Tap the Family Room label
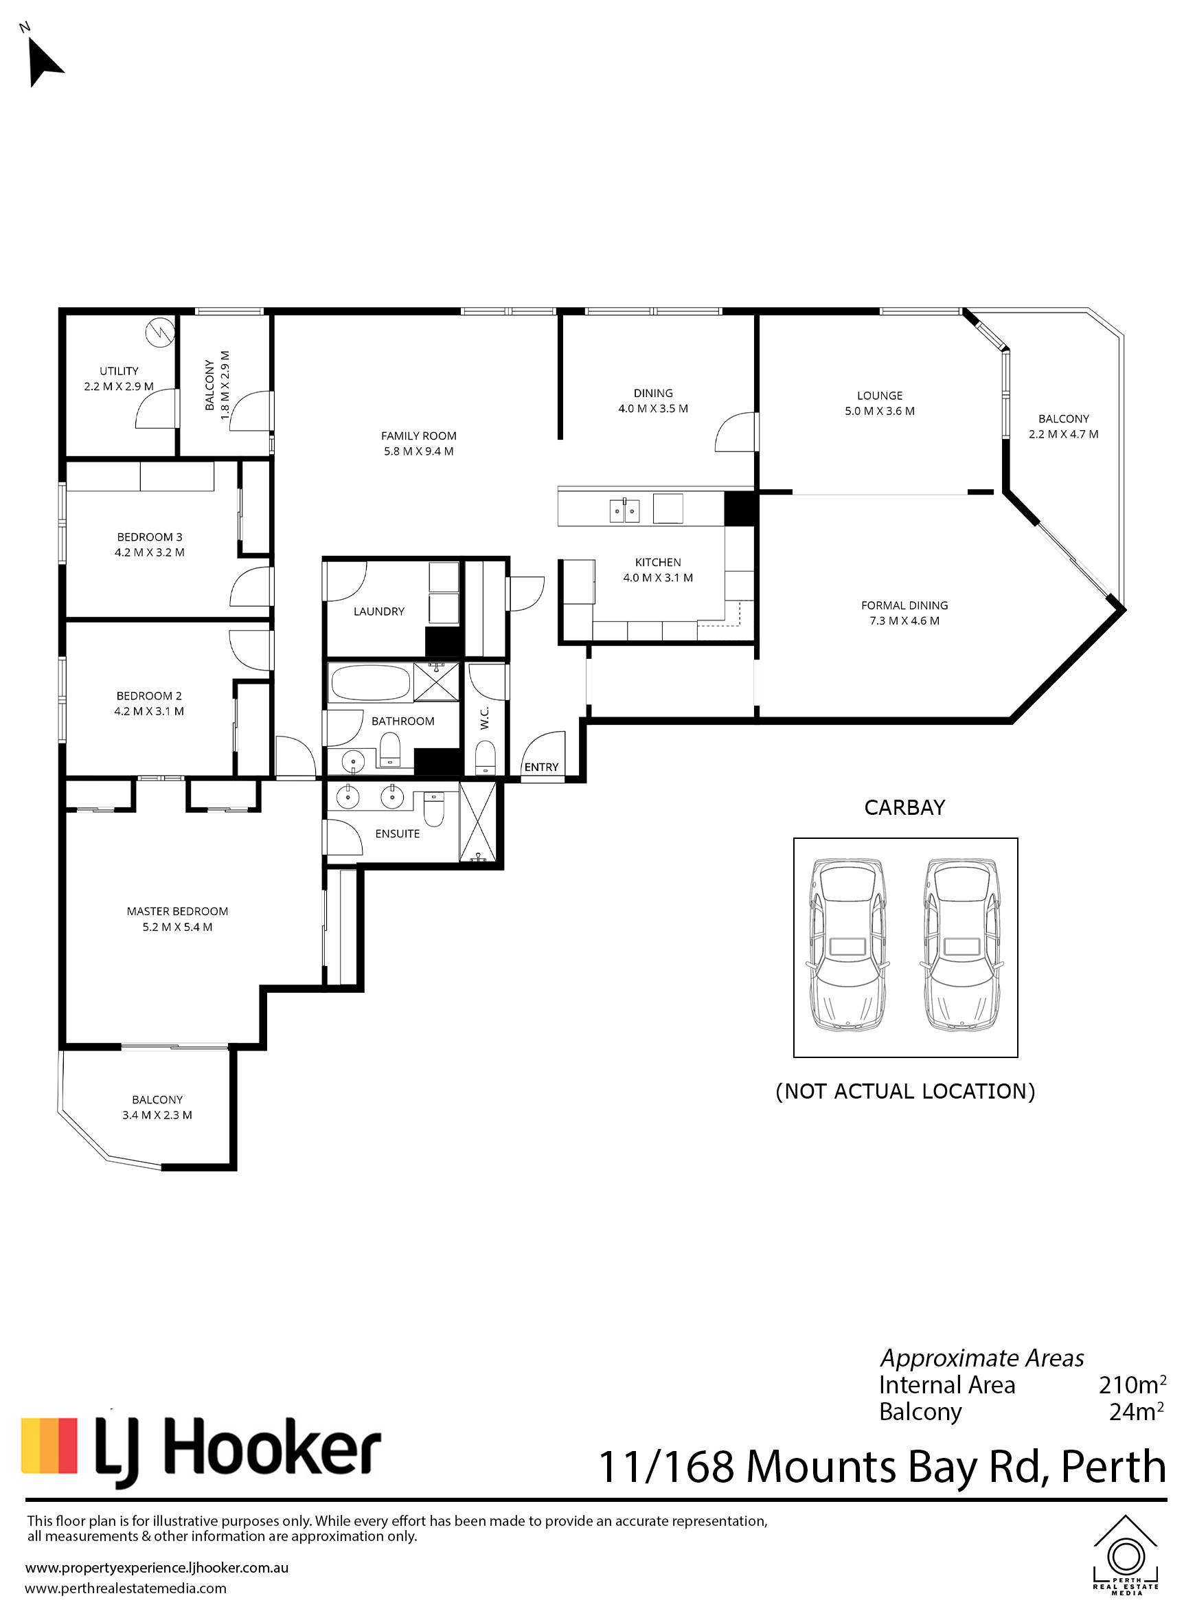pyautogui.click(x=418, y=436)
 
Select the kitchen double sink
pyautogui.click(x=624, y=510)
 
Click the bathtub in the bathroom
pyautogui.click(x=369, y=683)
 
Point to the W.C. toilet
pyautogui.click(x=486, y=758)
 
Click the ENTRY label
pyautogui.click(x=541, y=767)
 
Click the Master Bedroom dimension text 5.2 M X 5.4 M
pyautogui.click(x=178, y=928)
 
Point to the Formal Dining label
pyautogui.click(x=904, y=606)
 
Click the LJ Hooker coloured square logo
pyautogui.click(x=49, y=1445)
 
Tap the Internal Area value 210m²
pyautogui.click(x=1132, y=1384)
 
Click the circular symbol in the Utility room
pyautogui.click(x=160, y=333)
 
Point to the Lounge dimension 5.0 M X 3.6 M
pyautogui.click(x=880, y=412)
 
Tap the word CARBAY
pyautogui.click(x=904, y=808)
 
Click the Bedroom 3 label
pyautogui.click(x=150, y=537)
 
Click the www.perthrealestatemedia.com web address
pyautogui.click(x=126, y=1588)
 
